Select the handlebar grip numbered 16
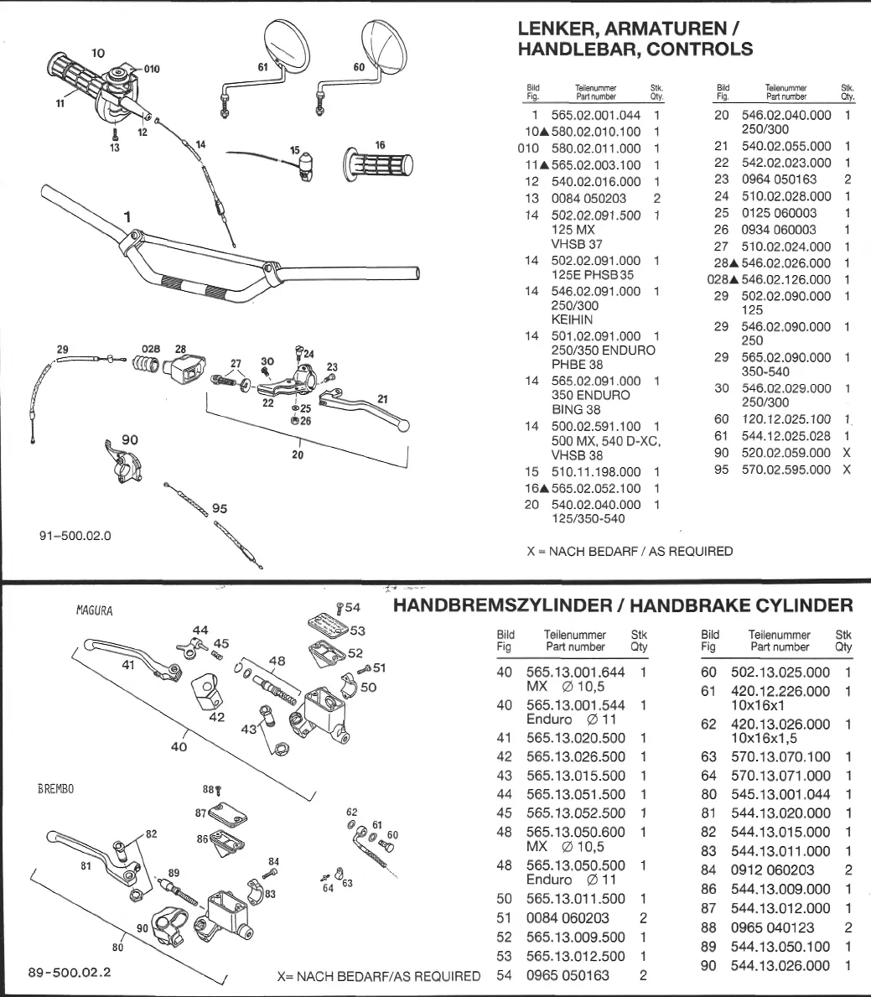point(378,164)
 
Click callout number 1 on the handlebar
point(127,217)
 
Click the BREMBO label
point(55,790)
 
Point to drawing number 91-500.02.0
point(75,535)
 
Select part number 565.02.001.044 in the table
point(595,116)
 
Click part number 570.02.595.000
point(785,470)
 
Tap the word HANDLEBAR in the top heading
point(573,49)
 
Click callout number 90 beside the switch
point(129,440)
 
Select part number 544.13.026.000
point(780,966)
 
